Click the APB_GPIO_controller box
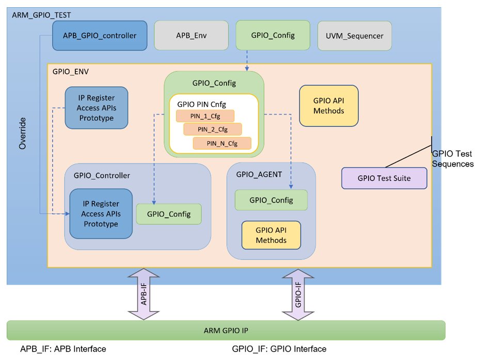pos(99,36)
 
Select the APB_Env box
pos(190,36)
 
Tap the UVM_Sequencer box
pos(354,36)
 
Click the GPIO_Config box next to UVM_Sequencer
pos(273,35)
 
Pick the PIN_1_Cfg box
pos(205,116)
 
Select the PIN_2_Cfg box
pos(213,128)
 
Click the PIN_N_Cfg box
pos(222,143)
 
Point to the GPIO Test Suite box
pos(385,178)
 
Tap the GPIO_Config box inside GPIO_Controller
pos(168,214)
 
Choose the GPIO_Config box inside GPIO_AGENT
pos(271,200)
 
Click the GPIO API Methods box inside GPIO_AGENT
pos(271,235)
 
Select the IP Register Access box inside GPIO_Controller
pos(101,214)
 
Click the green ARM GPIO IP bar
pos(226,330)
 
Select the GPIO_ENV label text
pos(70,72)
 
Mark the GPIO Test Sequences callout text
pos(452,159)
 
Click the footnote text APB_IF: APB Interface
pos(63,349)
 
